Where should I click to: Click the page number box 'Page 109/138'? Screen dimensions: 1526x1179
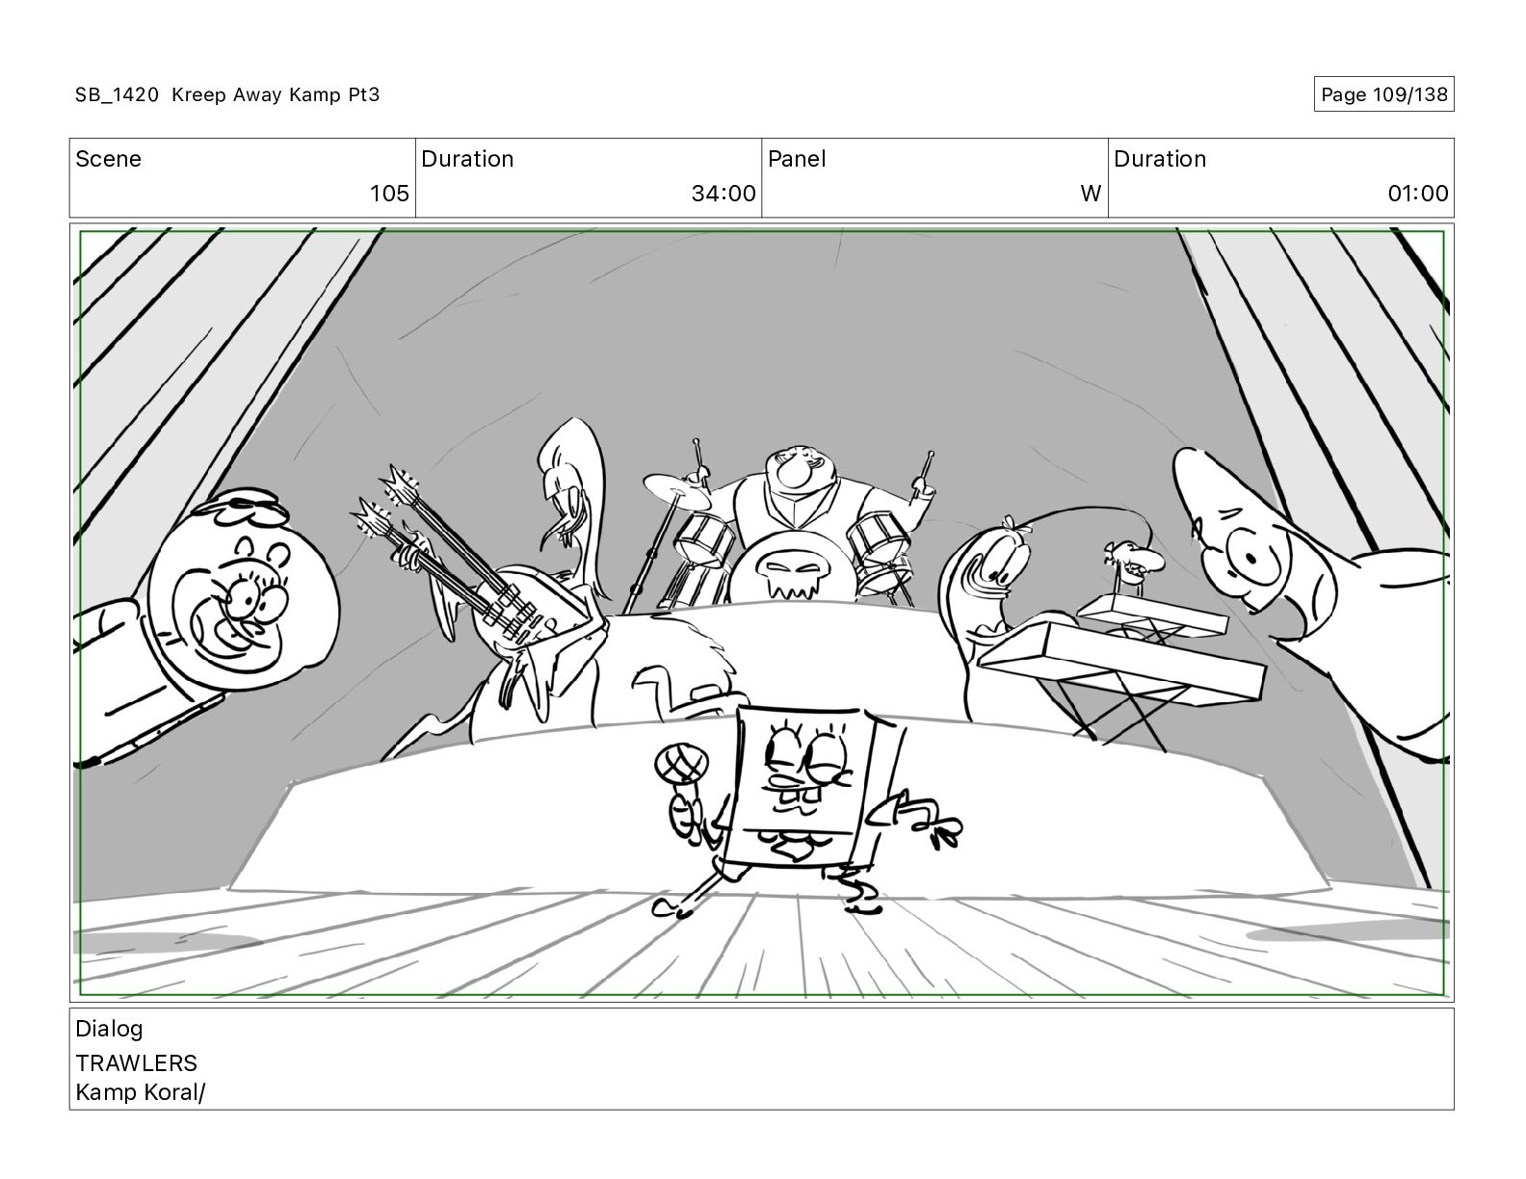coord(1383,94)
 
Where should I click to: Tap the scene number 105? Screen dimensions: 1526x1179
coord(389,193)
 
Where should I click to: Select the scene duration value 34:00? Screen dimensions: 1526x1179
coord(724,193)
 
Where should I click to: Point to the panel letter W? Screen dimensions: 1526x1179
coord(1091,193)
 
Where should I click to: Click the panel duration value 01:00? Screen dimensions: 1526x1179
coord(1418,193)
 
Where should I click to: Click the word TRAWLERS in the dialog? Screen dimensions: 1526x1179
coord(136,1063)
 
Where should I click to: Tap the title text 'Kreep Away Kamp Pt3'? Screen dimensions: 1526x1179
coord(276,94)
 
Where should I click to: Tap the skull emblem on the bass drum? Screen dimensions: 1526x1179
coord(792,571)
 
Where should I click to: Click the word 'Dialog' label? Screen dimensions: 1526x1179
coord(109,1030)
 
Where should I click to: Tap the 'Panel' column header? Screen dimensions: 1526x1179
coord(797,159)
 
